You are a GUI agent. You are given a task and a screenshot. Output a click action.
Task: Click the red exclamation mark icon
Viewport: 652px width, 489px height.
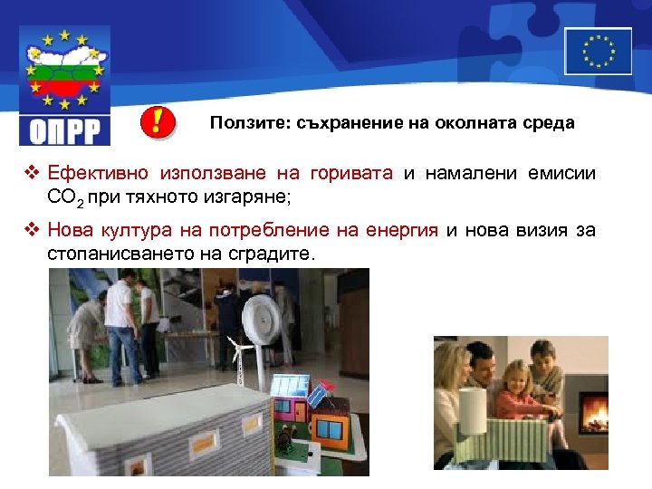point(158,122)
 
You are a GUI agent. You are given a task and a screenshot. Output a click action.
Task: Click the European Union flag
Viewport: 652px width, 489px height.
point(598,51)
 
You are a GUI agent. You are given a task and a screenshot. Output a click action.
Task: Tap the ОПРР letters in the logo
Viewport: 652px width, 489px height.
point(64,130)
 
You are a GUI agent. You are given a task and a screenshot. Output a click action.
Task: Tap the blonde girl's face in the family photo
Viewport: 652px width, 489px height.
point(513,376)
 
